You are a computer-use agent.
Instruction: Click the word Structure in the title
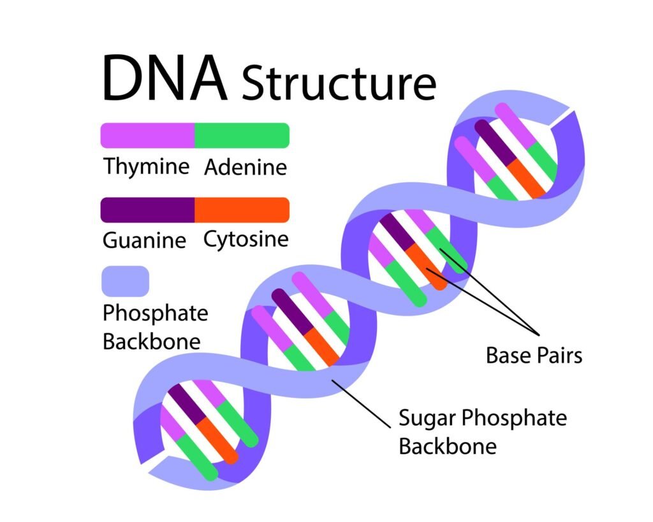pyautogui.click(x=339, y=83)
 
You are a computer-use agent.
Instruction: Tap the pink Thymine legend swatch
pyautogui.click(x=147, y=135)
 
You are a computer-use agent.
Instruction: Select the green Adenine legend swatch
pyautogui.click(x=242, y=135)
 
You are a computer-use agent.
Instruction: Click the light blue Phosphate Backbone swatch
pyautogui.click(x=125, y=281)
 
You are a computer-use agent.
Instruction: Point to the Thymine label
pyautogui.click(x=147, y=167)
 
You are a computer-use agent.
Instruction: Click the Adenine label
pyautogui.click(x=246, y=168)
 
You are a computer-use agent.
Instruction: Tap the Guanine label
pyautogui.click(x=145, y=241)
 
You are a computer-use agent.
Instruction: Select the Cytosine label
pyautogui.click(x=246, y=240)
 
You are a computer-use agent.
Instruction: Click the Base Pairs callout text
pyautogui.click(x=534, y=355)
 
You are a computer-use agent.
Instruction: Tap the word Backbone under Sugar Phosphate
pyautogui.click(x=447, y=446)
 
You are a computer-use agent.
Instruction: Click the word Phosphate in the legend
pyautogui.click(x=155, y=314)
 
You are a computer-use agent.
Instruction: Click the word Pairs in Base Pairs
pyautogui.click(x=558, y=355)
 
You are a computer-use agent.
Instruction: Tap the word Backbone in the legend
pyautogui.click(x=151, y=341)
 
